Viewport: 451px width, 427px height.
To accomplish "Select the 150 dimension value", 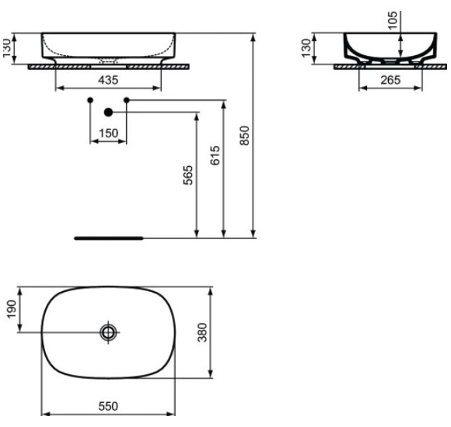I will point(108,134).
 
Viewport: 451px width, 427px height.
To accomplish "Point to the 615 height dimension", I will point(215,156).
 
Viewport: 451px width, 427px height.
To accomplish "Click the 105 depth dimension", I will point(392,19).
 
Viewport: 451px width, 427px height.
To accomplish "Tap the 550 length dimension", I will point(107,406).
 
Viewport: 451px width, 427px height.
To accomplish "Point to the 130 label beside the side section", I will point(306,48).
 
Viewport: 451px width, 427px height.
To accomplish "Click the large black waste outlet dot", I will point(108,112).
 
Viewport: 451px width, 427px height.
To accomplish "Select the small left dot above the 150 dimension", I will point(90,101).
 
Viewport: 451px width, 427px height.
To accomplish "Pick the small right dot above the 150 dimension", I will point(126,101).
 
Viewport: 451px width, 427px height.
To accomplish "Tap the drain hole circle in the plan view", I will point(108,332).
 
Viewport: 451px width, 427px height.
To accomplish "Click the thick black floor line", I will point(109,238).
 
